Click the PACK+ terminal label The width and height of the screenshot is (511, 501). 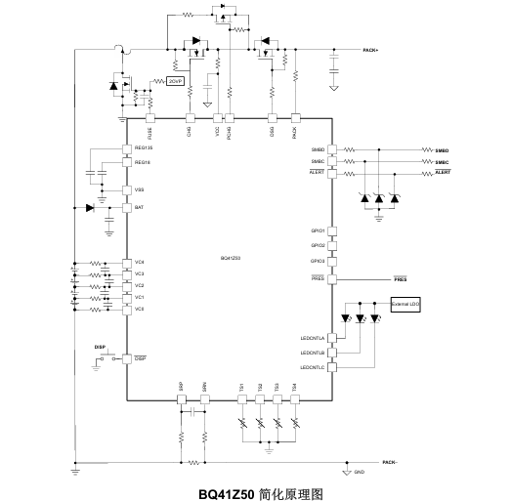point(370,50)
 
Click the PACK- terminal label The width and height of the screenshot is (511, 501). point(389,461)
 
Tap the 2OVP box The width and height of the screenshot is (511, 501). point(176,81)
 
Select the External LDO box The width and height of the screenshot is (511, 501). point(405,306)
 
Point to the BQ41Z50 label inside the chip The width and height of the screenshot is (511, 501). point(231,259)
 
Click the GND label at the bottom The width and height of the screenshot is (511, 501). point(359,473)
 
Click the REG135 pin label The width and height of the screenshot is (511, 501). point(144,148)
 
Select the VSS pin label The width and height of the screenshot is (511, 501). point(140,189)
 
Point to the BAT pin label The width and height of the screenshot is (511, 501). point(140,208)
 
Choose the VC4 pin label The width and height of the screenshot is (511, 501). point(140,262)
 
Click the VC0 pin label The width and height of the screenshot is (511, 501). point(140,308)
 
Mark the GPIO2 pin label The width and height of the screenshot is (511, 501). point(318,245)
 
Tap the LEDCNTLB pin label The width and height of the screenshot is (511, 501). point(313,353)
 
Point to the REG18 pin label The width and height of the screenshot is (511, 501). point(143,162)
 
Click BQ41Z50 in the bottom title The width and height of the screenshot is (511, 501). point(228,492)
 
